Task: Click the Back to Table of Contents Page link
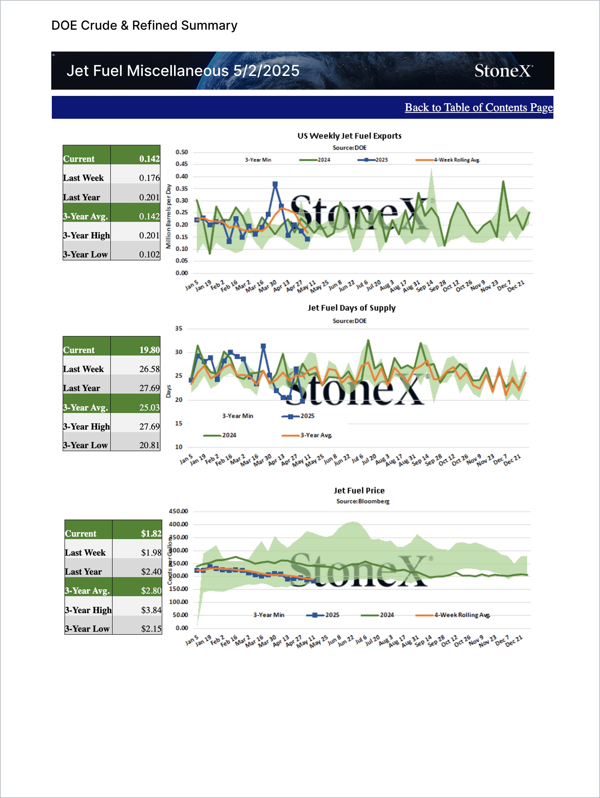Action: tap(478, 107)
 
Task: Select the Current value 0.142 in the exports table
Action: tap(149, 159)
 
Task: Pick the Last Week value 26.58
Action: tap(149, 369)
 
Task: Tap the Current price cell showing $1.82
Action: tap(151, 534)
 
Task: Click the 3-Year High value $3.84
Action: tap(151, 610)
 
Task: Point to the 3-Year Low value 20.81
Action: tap(149, 445)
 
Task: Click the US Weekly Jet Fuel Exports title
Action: tap(349, 136)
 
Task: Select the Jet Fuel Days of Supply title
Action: tap(352, 308)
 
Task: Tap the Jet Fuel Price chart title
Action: tap(359, 491)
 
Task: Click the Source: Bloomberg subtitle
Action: tap(362, 501)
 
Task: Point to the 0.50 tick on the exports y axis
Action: tap(182, 152)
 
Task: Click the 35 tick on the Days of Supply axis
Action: tap(178, 329)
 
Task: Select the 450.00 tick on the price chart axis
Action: tap(178, 511)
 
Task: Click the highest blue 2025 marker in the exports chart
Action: tap(275, 184)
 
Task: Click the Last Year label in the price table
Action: tap(83, 572)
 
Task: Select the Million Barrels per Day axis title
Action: tap(168, 216)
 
